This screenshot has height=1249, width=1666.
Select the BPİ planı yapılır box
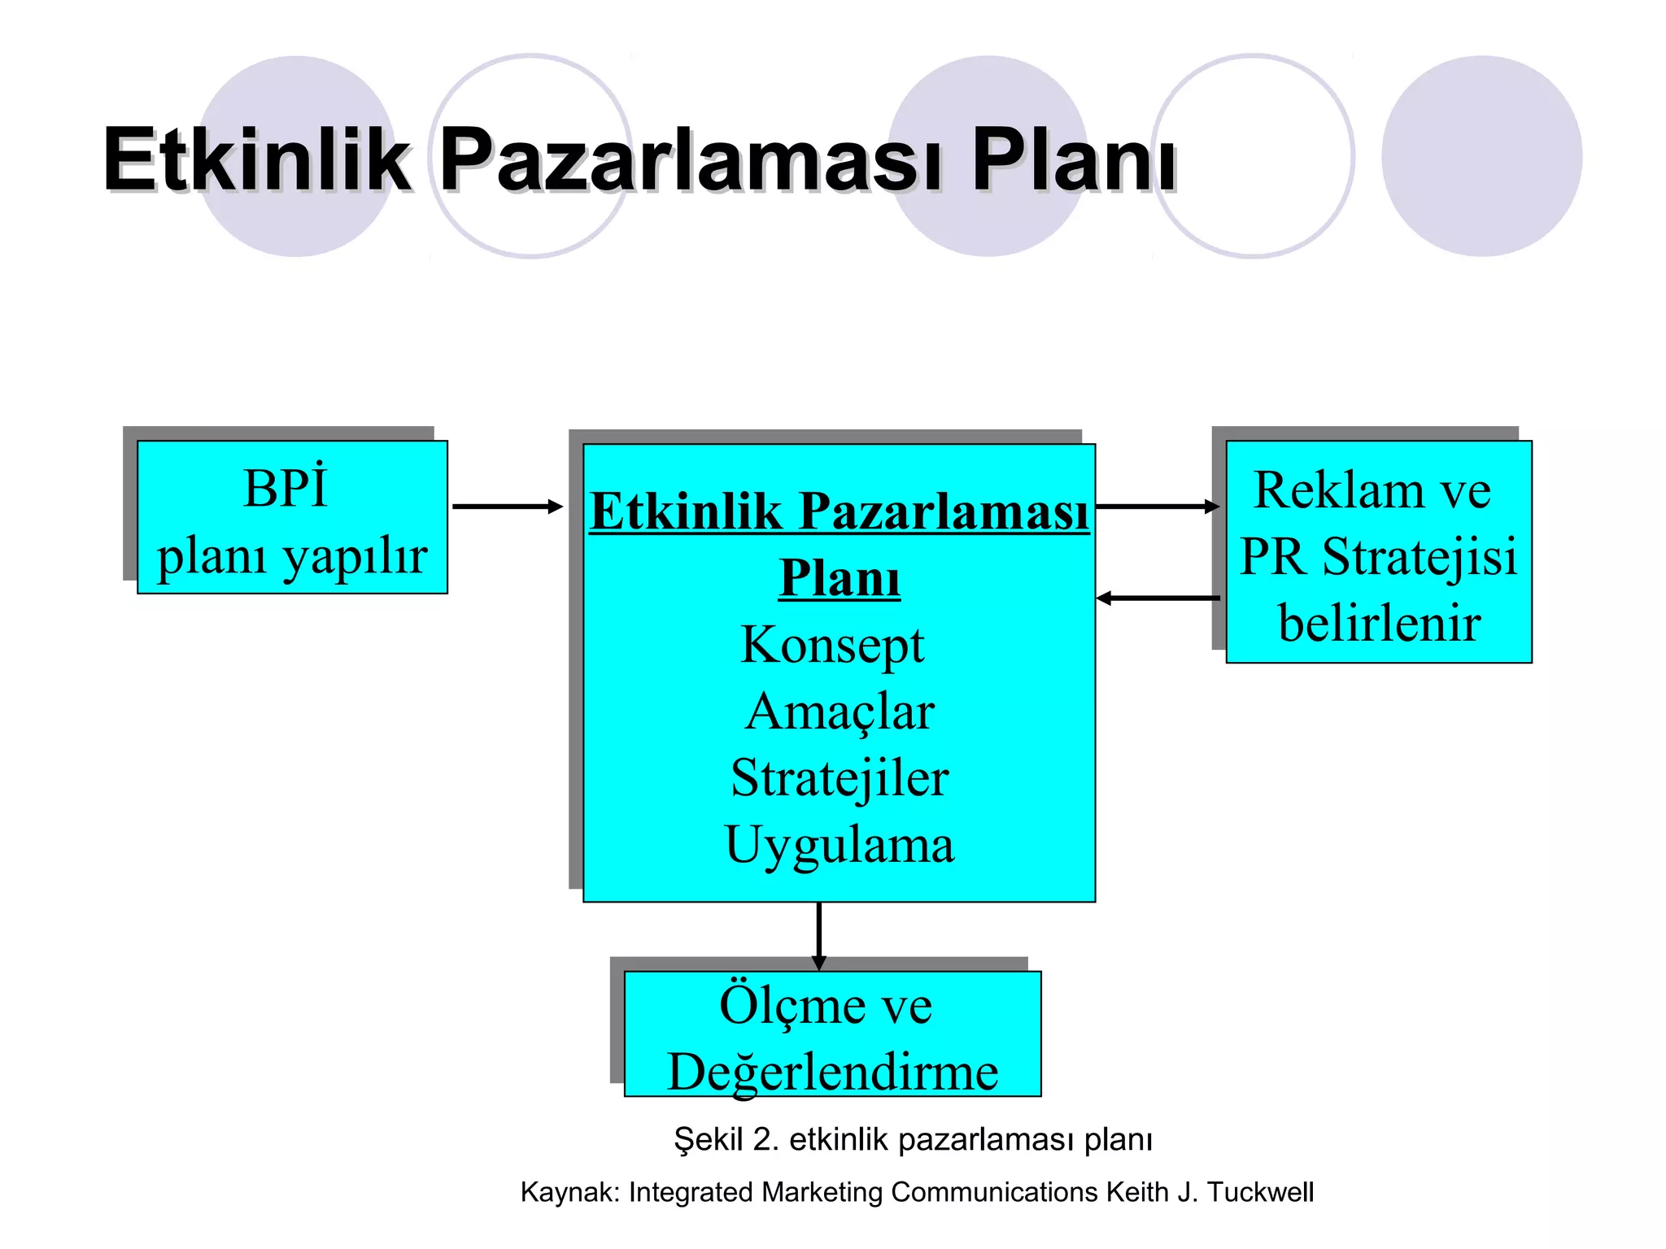pyautogui.click(x=292, y=517)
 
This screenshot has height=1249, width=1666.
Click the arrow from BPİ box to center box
pyautogui.click(x=507, y=507)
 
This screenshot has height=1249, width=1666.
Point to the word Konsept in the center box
pyautogui.click(x=832, y=646)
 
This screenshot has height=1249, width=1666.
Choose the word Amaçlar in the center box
pyautogui.click(x=840, y=712)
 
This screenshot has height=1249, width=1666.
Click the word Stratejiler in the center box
pyautogui.click(x=840, y=778)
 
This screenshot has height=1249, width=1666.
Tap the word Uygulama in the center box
pyautogui.click(x=840, y=845)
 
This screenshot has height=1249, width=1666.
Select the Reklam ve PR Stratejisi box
pyautogui.click(x=1378, y=552)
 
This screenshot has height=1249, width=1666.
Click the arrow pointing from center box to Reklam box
pyautogui.click(x=1158, y=507)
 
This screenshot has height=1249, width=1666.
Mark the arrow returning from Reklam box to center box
pyautogui.click(x=1158, y=598)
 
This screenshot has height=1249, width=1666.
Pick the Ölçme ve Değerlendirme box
pyautogui.click(x=832, y=1034)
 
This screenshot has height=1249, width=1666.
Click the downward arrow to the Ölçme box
pyautogui.click(x=819, y=935)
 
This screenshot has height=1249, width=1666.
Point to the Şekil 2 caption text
pyautogui.click(x=913, y=1139)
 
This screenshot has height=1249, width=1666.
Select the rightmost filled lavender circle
pyautogui.click(x=1481, y=156)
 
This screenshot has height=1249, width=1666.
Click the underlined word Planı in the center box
pyautogui.click(x=840, y=578)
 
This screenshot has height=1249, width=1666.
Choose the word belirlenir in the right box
pyautogui.click(x=1379, y=624)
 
